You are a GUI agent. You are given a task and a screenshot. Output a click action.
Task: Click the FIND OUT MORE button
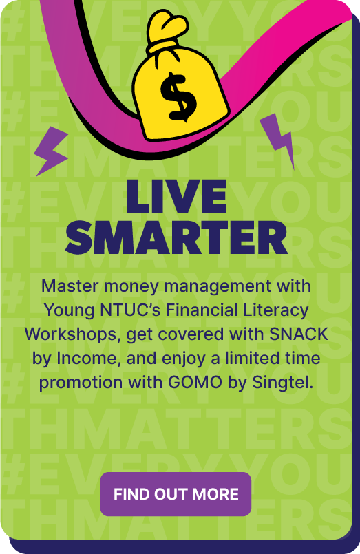coord(176,494)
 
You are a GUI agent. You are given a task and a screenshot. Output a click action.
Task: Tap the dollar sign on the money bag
coord(178,96)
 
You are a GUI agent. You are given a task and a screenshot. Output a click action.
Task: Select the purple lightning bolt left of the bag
coord(52,151)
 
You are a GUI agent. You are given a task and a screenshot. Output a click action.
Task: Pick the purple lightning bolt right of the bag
coord(278,140)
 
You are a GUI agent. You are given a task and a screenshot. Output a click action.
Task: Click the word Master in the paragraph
coord(70,286)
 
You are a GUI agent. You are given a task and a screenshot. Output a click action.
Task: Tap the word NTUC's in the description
coord(131,310)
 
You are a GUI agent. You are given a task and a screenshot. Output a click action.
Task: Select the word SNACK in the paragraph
coord(299,334)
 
